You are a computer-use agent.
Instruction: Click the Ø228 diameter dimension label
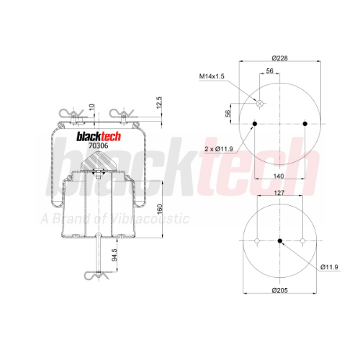coord(279,58)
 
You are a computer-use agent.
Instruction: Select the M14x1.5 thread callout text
coord(212,76)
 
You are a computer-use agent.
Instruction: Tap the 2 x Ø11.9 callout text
coord(219,149)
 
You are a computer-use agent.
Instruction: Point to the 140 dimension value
coord(279,176)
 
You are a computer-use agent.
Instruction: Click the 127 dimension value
coord(279,193)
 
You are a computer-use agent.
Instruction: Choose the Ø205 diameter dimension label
coord(279,290)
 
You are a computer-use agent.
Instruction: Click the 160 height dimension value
coord(160,210)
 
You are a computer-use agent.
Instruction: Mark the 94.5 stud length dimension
coord(114,255)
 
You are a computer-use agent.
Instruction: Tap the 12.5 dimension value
coord(159,103)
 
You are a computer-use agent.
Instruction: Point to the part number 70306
coord(99,145)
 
